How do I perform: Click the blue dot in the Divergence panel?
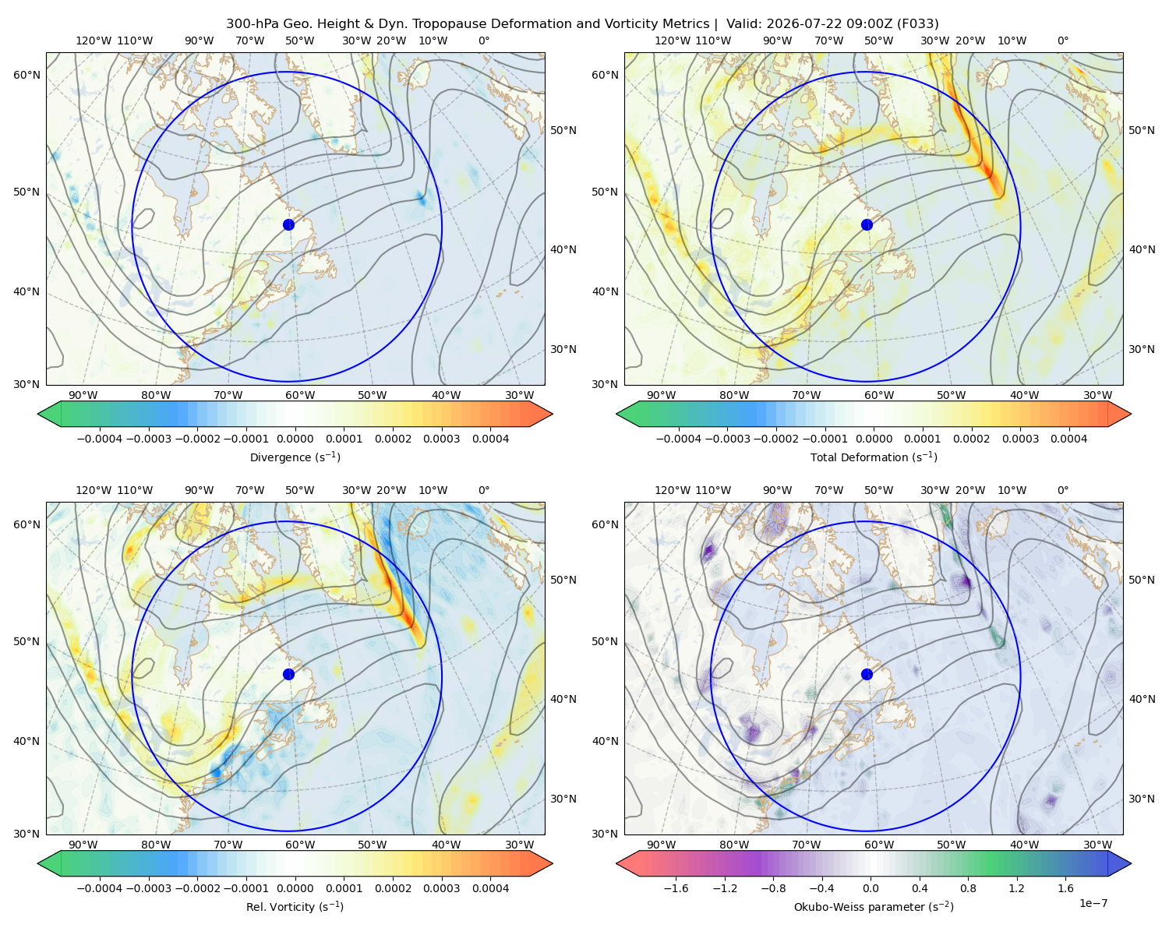(288, 225)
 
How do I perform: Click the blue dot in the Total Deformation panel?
(867, 225)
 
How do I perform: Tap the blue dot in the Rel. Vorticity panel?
(288, 674)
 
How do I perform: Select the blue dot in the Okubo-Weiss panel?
(867, 674)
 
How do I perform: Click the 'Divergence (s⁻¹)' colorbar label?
(295, 457)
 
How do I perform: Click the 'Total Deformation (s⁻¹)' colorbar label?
(874, 457)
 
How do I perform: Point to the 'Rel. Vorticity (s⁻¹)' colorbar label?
(295, 907)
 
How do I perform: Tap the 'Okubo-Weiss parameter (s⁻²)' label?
(874, 907)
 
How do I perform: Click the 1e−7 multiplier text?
(1093, 903)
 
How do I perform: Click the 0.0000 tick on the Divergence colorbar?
(295, 439)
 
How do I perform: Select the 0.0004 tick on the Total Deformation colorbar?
(1068, 439)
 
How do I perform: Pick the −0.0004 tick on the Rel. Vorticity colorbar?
(100, 888)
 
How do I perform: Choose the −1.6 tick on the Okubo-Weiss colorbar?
(676, 888)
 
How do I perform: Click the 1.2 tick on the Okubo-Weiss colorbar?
(1016, 888)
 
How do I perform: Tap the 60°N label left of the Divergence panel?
(26, 75)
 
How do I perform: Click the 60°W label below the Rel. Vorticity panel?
(300, 845)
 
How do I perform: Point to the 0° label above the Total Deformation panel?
(1062, 41)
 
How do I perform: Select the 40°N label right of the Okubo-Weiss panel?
(1142, 699)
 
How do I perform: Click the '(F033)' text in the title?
(917, 24)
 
